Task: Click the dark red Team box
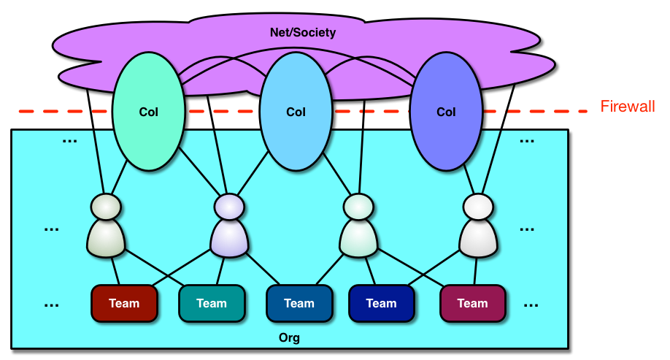click(125, 303)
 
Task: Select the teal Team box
click(212, 303)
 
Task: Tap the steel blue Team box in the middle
click(299, 303)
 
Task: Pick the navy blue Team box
click(381, 303)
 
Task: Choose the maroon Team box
click(472, 303)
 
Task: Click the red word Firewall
click(628, 107)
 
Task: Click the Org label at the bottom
click(290, 338)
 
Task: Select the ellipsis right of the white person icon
click(527, 229)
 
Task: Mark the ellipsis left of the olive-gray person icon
click(51, 229)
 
